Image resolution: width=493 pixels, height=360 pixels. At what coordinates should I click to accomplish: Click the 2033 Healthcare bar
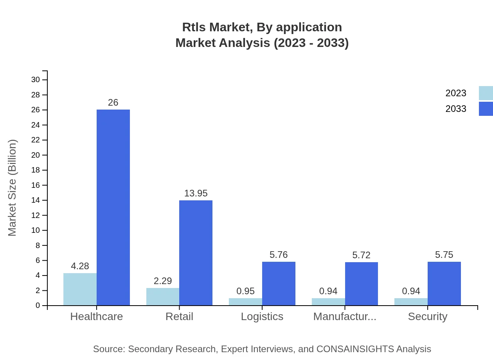pyautogui.click(x=113, y=207)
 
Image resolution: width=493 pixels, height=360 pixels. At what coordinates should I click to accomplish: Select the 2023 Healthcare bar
pyautogui.click(x=80, y=289)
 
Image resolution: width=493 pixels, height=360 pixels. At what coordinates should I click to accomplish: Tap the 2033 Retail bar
pyautogui.click(x=196, y=253)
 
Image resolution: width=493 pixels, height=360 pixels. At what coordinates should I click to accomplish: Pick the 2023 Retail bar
pyautogui.click(x=163, y=297)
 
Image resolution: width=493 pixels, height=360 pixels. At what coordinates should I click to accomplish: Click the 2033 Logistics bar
pyautogui.click(x=279, y=284)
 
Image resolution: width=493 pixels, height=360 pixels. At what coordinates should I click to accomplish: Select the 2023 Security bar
pyautogui.click(x=411, y=302)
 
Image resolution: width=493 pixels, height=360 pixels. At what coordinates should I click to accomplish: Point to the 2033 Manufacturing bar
pyautogui.click(x=361, y=284)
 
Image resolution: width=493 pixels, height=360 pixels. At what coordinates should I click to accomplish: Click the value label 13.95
pyautogui.click(x=196, y=193)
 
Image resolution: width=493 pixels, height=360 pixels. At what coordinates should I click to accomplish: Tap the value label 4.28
pyautogui.click(x=80, y=266)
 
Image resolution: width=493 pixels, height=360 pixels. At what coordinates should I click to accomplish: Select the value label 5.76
pyautogui.click(x=279, y=255)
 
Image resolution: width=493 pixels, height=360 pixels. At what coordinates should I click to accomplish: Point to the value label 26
pyautogui.click(x=113, y=103)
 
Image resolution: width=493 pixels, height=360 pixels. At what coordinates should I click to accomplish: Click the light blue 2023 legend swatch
pyautogui.click(x=486, y=93)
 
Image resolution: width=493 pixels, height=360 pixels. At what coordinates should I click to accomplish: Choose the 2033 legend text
pyautogui.click(x=456, y=109)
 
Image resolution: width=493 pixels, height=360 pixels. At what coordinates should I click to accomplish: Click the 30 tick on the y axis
pyautogui.click(x=36, y=80)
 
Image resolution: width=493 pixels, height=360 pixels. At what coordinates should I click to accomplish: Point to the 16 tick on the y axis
pyautogui.click(x=36, y=185)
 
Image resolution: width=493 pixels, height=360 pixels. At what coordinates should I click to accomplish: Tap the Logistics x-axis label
pyautogui.click(x=262, y=316)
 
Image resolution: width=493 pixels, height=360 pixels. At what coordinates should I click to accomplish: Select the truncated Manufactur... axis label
pyautogui.click(x=345, y=316)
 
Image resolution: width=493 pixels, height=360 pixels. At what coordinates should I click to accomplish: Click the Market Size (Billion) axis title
pyautogui.click(x=13, y=188)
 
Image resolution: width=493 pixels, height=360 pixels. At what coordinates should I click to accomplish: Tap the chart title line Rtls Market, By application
pyautogui.click(x=262, y=27)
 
